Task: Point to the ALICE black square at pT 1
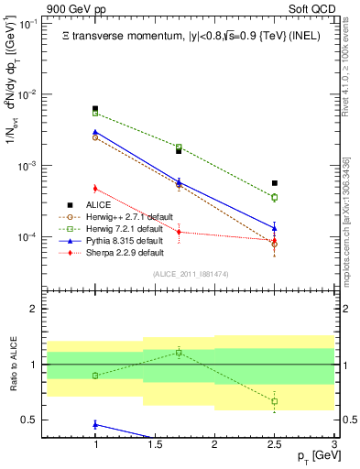coord(95,109)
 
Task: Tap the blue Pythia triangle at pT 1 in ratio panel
coord(95,424)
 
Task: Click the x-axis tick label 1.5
coord(155,442)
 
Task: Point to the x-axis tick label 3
coord(333,442)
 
